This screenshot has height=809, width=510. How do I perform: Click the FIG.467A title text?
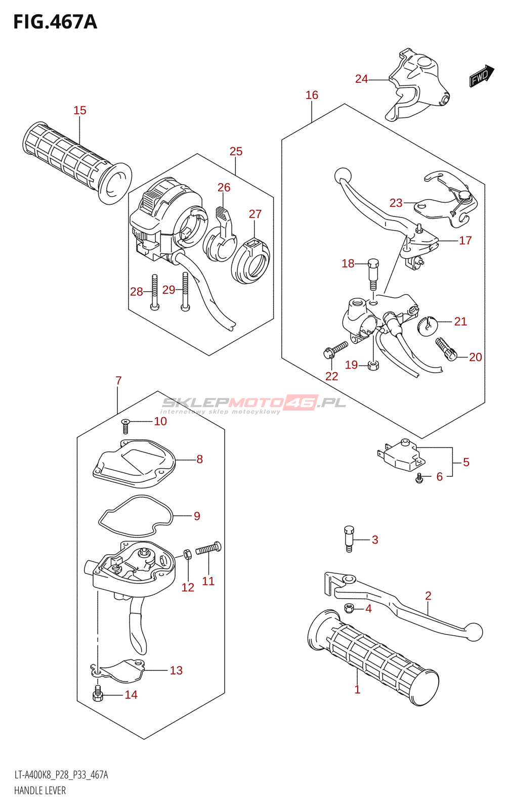[55, 22]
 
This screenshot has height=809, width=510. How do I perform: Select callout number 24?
[361, 79]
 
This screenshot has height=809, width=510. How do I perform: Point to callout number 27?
[255, 214]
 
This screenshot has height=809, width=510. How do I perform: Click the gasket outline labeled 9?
[134, 516]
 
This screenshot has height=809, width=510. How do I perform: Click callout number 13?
[176, 670]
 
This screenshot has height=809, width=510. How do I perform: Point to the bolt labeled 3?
[349, 539]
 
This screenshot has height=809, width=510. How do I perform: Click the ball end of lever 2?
[474, 631]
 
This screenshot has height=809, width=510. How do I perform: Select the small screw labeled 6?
[419, 477]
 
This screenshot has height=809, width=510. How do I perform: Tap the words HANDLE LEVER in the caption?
[40, 791]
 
